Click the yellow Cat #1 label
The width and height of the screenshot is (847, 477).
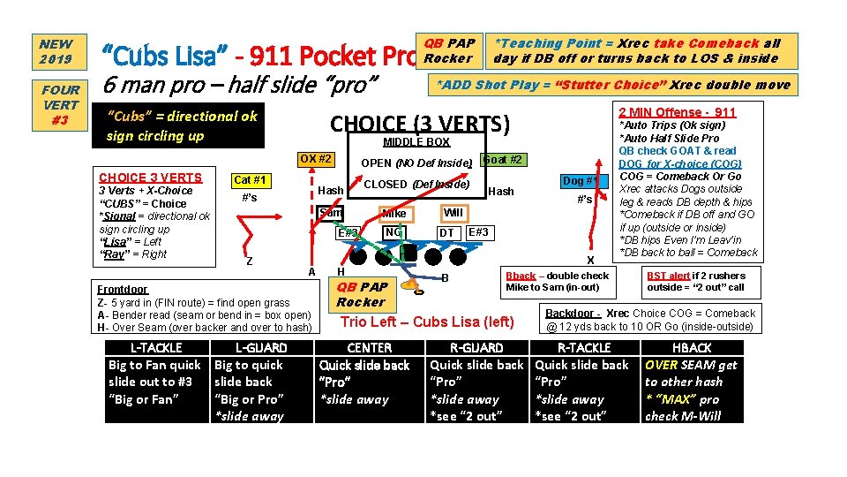click(250, 181)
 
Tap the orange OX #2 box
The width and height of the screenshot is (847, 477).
click(315, 160)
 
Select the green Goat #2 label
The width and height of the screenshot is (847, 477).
click(503, 160)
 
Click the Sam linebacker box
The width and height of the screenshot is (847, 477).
click(331, 213)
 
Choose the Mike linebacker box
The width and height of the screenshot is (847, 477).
click(394, 213)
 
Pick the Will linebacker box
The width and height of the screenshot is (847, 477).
click(453, 213)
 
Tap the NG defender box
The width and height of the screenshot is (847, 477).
click(394, 232)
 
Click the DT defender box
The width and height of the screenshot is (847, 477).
click(447, 232)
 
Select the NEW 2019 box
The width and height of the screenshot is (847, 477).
click(56, 51)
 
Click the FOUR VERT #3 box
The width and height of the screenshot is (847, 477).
click(60, 104)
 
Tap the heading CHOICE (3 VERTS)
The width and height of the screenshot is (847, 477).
click(420, 124)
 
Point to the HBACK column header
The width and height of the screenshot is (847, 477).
click(692, 348)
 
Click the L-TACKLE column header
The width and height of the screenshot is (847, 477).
click(156, 348)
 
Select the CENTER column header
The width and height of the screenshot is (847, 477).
click(370, 348)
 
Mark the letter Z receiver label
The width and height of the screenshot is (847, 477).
click(250, 261)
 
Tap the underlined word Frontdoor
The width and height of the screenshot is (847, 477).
click(123, 289)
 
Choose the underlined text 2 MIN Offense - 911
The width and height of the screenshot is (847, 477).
click(678, 112)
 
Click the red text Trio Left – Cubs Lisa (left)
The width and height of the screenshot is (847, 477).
click(426, 322)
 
